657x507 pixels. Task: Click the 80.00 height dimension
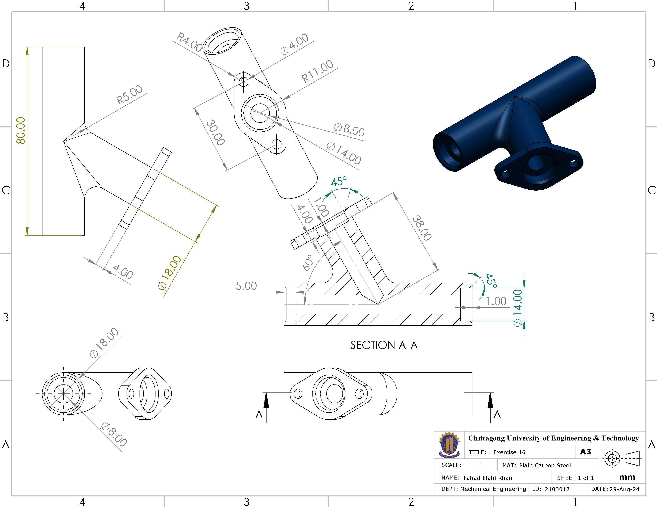pyautogui.click(x=21, y=130)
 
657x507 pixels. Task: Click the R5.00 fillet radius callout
pyautogui.click(x=129, y=94)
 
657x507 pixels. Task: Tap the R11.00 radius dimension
pyautogui.click(x=317, y=71)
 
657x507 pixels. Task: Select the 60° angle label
pyautogui.click(x=307, y=263)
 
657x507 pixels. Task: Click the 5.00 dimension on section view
pyautogui.click(x=246, y=286)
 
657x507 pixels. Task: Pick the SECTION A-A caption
pyautogui.click(x=384, y=345)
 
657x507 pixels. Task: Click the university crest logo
pyautogui.click(x=449, y=445)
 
